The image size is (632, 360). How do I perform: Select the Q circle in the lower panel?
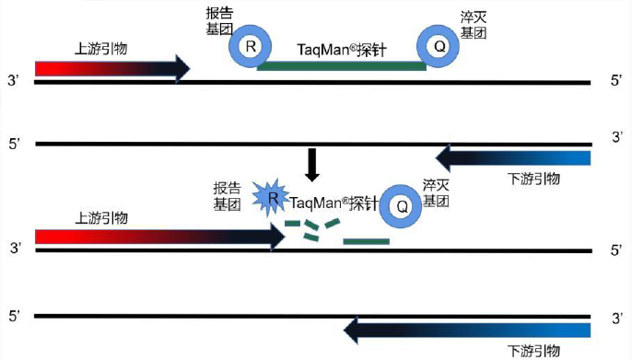coord(402,205)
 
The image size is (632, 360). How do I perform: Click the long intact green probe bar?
coord(341,65)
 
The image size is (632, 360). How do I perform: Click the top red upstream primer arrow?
coord(111,68)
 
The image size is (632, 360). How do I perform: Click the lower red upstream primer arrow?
coord(157,237)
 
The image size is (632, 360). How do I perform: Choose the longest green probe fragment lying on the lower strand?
coord(366,241)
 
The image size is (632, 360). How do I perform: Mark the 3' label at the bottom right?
coord(616,317)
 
